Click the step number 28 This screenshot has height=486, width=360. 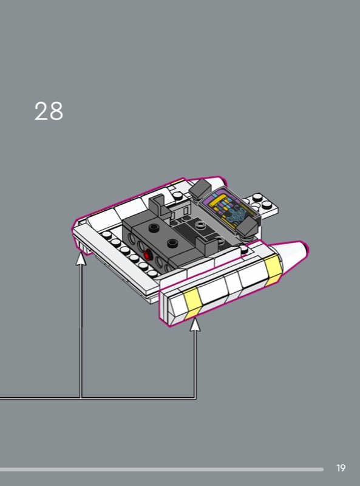tap(49, 111)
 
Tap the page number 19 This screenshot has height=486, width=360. tap(341, 468)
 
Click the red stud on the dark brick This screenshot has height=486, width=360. tap(148, 255)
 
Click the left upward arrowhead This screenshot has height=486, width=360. tap(81, 259)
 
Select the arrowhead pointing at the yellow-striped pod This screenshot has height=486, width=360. tap(195, 324)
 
